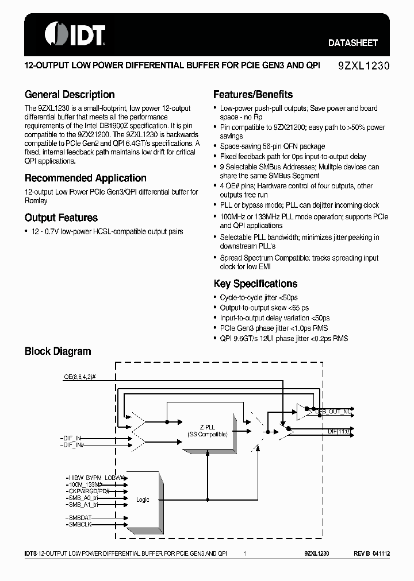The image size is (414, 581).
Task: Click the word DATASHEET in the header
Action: (352, 42)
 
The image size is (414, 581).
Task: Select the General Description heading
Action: (70, 95)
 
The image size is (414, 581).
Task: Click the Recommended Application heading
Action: (85, 178)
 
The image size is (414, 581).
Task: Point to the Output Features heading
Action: (61, 218)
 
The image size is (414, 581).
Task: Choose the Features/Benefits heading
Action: (253, 95)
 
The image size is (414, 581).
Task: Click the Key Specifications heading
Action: (255, 284)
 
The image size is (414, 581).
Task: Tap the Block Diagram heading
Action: (57, 351)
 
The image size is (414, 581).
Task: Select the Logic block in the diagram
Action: (143, 499)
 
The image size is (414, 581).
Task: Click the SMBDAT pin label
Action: (79, 517)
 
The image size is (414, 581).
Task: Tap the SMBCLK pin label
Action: (79, 525)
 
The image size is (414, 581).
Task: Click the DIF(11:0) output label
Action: (339, 431)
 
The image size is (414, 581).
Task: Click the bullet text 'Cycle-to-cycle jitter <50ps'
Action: (259, 297)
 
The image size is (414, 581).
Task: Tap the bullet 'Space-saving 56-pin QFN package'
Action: (272, 146)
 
